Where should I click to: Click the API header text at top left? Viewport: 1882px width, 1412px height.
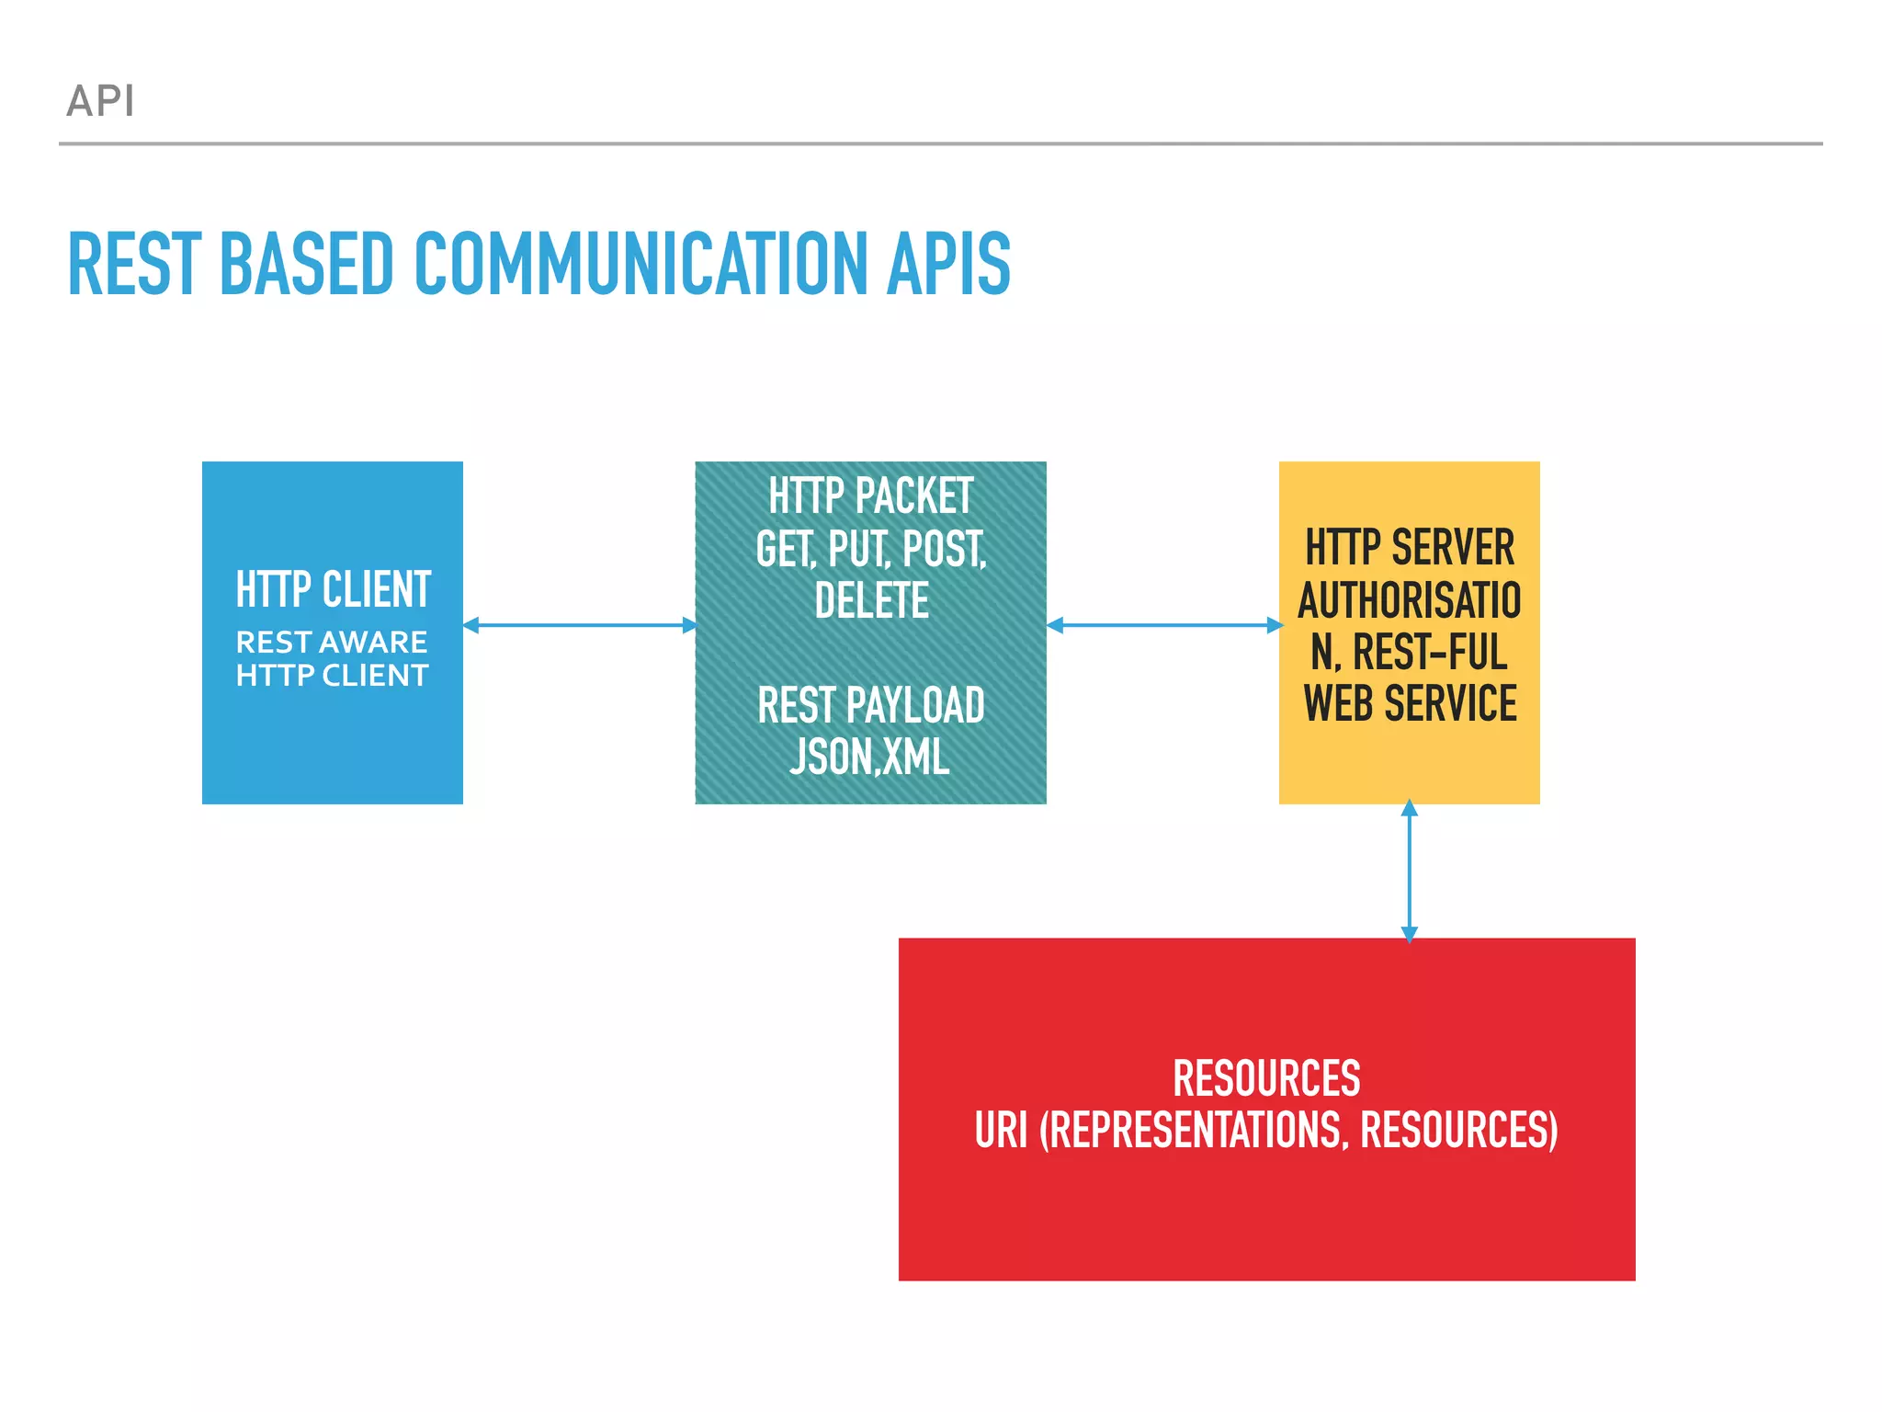point(101,101)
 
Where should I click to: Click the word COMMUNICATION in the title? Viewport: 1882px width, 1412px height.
point(641,264)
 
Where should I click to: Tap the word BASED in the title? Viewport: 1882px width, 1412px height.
point(308,264)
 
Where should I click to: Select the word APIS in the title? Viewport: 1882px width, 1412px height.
point(948,264)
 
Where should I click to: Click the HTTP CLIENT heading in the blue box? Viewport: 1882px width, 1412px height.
point(333,589)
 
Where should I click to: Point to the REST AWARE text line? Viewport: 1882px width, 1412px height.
point(332,642)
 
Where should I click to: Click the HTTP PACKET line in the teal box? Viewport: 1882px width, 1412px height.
point(870,496)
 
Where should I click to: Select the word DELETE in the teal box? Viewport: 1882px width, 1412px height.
point(871,601)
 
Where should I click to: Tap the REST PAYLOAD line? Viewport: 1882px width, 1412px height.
point(870,706)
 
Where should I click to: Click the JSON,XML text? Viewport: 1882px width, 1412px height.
point(869,757)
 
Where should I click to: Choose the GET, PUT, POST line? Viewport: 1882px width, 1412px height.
point(870,549)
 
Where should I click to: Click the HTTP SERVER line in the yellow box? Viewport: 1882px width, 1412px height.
point(1410,548)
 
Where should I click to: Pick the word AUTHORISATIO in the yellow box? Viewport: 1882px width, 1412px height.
point(1410,600)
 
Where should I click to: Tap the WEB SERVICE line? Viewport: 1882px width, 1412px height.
point(1410,704)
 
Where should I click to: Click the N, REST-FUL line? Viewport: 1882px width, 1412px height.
point(1410,653)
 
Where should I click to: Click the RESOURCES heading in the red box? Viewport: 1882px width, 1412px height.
point(1266,1078)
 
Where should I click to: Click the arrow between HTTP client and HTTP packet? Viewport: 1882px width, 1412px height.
point(579,625)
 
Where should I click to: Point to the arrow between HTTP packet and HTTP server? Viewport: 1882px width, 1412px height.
point(1163,625)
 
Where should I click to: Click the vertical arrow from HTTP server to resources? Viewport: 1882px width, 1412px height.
point(1410,871)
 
